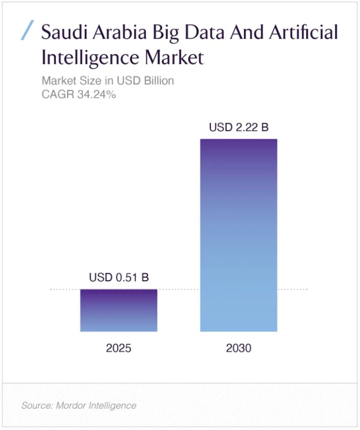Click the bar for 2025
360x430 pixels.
click(118, 310)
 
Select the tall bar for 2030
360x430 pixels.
click(239, 235)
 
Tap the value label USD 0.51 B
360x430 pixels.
click(119, 277)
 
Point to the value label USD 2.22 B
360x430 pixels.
click(239, 127)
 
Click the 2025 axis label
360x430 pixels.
click(118, 348)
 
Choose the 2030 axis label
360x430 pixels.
click(239, 348)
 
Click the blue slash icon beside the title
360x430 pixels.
click(28, 30)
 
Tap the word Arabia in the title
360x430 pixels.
click(120, 32)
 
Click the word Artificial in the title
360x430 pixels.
click(304, 32)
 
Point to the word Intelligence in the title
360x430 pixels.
click(91, 58)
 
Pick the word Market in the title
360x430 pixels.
click(174, 58)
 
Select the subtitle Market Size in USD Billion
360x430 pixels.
click(108, 80)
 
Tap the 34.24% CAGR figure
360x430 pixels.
click(97, 94)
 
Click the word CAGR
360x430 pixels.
click(58, 94)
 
